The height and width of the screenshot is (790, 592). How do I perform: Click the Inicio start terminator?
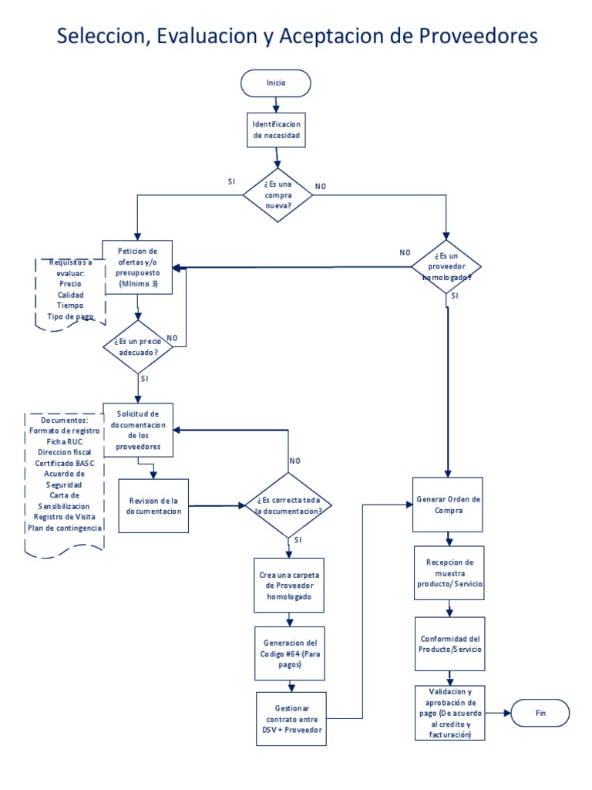[276, 82]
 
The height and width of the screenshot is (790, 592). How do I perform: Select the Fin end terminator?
[540, 714]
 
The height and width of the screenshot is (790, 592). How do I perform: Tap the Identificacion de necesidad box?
[276, 130]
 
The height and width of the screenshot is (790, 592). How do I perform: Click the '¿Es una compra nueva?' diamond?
[278, 196]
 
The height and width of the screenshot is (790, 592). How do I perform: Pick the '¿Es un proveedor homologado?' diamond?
[447, 266]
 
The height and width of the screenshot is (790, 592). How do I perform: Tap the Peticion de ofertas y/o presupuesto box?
[137, 267]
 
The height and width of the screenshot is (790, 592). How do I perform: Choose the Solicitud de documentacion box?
[137, 430]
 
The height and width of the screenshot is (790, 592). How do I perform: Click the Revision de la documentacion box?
[153, 505]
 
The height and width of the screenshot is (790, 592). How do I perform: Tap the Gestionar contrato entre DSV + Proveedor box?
[291, 719]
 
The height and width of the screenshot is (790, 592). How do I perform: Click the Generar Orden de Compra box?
[449, 505]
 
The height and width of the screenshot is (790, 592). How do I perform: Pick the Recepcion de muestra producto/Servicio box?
[449, 573]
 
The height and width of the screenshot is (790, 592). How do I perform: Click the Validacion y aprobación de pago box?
[449, 714]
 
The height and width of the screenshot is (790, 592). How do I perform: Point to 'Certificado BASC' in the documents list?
[66, 462]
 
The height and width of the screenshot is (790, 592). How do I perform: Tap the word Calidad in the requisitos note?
[70, 295]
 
